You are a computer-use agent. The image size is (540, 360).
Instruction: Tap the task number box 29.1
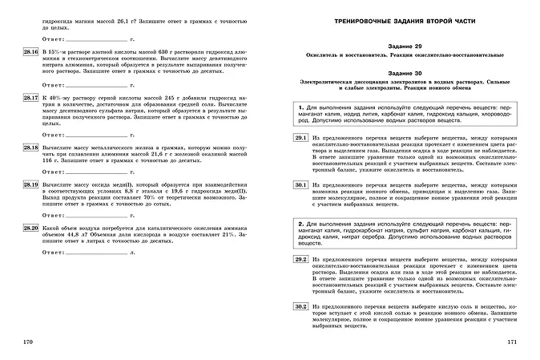pos(300,139)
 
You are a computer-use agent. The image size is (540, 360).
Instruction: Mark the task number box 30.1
pos(300,184)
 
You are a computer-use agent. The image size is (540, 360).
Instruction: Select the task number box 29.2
pos(300,261)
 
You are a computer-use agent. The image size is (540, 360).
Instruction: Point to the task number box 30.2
pos(300,306)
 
